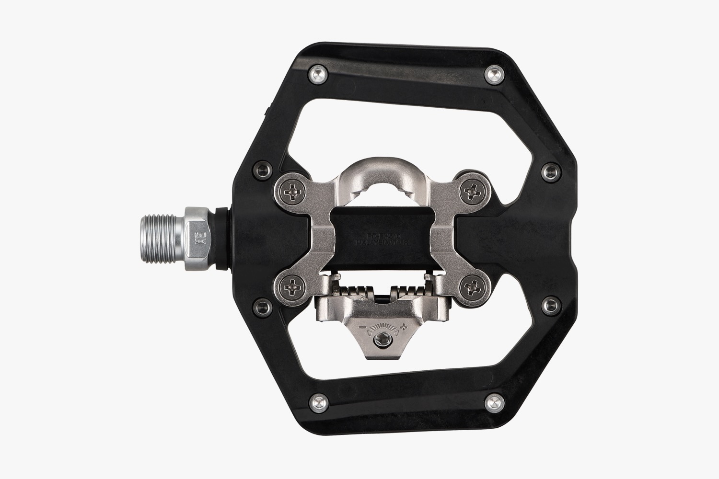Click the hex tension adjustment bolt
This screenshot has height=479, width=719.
(x=380, y=341)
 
